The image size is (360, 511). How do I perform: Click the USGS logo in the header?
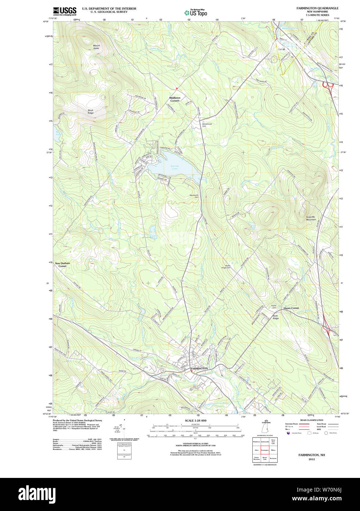(x=65, y=11)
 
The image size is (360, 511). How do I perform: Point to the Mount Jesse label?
(x=96, y=47)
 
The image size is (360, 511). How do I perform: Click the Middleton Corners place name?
(x=175, y=99)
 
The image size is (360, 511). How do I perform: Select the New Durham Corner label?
(x=62, y=265)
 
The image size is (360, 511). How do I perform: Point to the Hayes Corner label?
(x=291, y=308)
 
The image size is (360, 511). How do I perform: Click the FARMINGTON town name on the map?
(x=199, y=368)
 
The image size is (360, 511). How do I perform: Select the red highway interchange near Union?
(x=328, y=86)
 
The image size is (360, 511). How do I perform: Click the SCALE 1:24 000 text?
(x=195, y=421)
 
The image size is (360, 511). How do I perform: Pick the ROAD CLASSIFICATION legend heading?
(x=312, y=420)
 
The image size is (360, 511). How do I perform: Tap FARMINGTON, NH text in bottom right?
(x=312, y=455)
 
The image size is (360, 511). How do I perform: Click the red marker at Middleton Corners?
(x=177, y=88)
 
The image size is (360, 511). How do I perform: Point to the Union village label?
(x=281, y=49)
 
